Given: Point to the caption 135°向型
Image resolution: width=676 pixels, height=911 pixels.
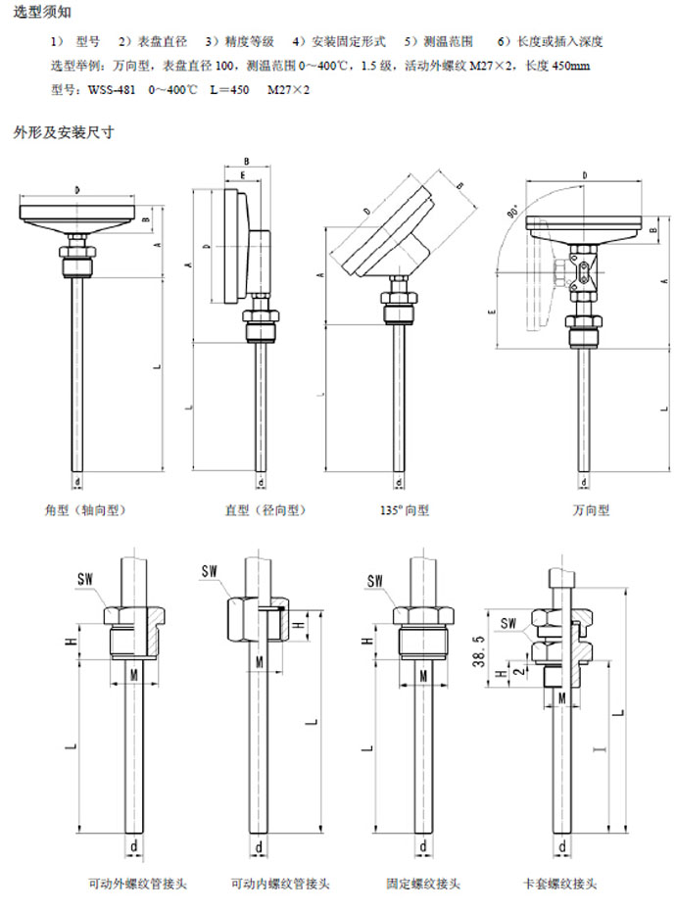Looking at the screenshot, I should [x=404, y=510].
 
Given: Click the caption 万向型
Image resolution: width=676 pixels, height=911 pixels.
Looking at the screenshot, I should [x=591, y=510].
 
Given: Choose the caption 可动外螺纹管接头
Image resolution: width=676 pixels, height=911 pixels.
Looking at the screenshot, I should [x=137, y=884].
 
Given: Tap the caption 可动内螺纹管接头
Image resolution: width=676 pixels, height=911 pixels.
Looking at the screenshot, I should [x=280, y=884].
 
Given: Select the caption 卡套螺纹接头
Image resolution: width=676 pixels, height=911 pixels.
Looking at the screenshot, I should [x=560, y=884].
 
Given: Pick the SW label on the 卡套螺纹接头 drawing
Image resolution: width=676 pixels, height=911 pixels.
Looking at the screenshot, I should [x=508, y=623].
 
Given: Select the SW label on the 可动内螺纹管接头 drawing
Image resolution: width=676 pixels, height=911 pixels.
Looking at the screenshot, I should [x=209, y=570].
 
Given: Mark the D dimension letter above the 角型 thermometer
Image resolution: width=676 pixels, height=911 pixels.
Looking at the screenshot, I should [x=76, y=187].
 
